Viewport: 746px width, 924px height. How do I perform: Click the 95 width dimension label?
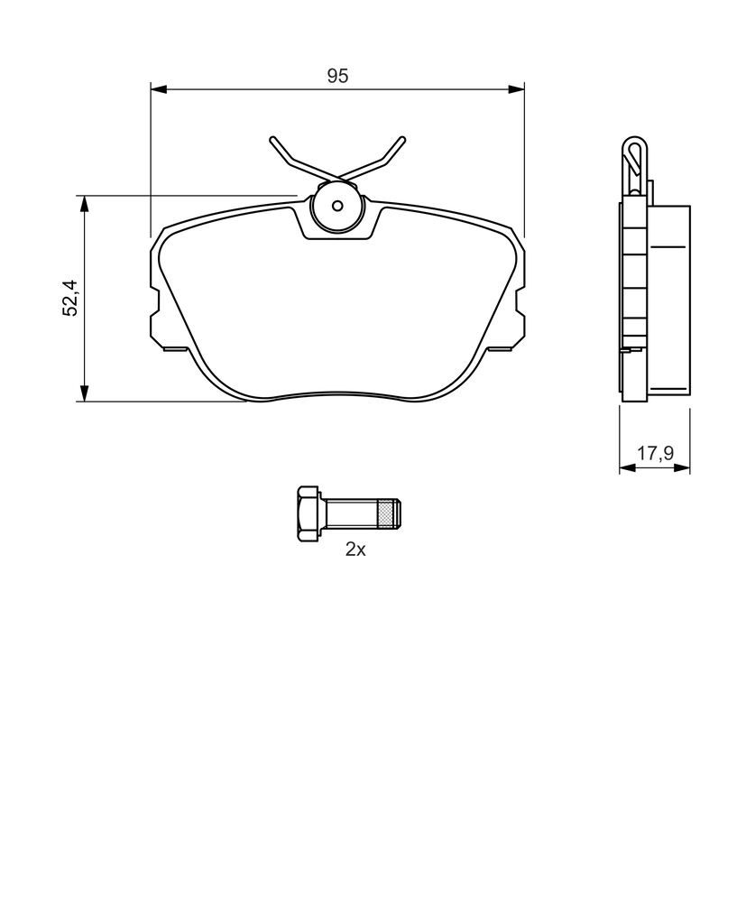pos(337,76)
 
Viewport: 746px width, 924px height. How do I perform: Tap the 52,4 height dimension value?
pos(70,298)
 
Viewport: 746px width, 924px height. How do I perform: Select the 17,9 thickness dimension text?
pos(655,453)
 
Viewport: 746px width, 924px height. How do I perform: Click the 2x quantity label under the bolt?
pos(355,550)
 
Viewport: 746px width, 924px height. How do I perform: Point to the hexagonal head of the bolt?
pos(309,514)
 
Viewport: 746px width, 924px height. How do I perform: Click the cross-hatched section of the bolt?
pos(387,513)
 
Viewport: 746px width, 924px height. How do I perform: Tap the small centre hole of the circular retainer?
pos(337,206)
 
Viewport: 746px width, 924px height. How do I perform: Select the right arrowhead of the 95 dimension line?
pos(516,89)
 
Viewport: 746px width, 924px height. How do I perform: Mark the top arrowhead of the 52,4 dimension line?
pos(85,204)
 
